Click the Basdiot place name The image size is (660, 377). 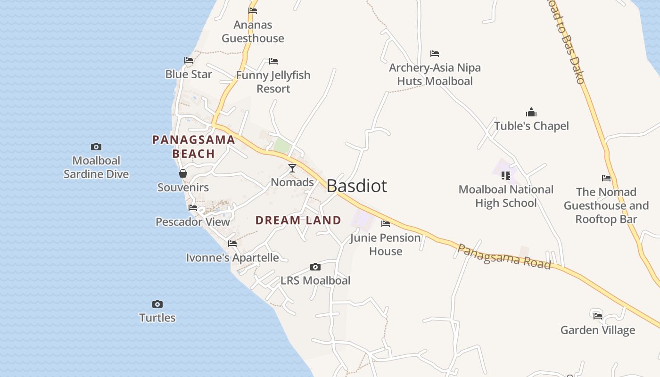[356, 186]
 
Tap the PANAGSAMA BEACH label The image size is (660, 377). [194, 147]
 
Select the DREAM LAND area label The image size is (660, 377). [298, 220]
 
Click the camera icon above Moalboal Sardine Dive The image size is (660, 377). [96, 147]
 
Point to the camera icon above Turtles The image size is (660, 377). [157, 304]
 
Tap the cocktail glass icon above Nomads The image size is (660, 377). [292, 168]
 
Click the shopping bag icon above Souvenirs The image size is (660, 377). [183, 174]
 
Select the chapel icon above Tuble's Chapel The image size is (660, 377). [531, 112]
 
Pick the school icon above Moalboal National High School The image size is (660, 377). [506, 176]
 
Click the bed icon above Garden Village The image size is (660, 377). [598, 315]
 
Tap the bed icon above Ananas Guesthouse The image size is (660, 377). [253, 11]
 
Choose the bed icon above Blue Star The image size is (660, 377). [189, 60]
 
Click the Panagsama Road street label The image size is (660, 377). [504, 257]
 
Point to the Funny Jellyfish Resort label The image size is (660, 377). [273, 82]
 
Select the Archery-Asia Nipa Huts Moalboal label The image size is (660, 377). [435, 74]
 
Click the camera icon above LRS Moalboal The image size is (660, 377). [315, 267]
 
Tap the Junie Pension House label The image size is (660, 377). [386, 244]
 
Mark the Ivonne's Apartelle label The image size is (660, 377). [232, 258]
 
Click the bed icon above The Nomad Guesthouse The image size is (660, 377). [606, 178]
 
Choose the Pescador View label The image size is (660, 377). [193, 221]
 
